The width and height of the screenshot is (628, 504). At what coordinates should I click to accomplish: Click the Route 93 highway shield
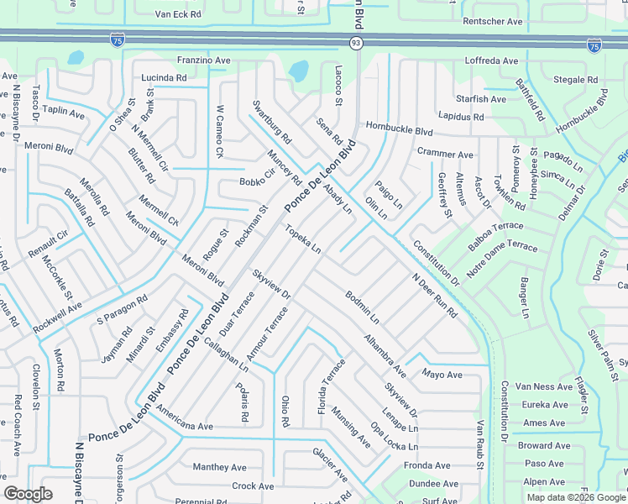[356, 40]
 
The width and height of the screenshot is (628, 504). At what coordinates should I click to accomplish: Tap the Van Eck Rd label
[179, 14]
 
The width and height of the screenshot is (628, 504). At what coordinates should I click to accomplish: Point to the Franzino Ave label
[203, 60]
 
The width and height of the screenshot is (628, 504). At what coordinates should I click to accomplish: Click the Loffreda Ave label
[492, 61]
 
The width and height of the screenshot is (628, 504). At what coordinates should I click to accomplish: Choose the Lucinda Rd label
[164, 77]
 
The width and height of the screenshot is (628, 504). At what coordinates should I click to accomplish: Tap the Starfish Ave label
[482, 99]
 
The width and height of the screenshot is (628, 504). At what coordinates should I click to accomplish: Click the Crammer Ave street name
[445, 154]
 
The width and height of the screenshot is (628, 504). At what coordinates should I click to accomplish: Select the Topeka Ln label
[302, 239]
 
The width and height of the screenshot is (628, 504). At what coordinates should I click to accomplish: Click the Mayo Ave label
[442, 374]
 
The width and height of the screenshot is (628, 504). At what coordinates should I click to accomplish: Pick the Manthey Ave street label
[219, 467]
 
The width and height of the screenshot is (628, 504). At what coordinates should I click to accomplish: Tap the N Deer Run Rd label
[434, 296]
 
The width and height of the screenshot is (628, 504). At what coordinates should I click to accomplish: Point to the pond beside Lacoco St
[298, 71]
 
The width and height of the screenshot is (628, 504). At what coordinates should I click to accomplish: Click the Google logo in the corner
[28, 494]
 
